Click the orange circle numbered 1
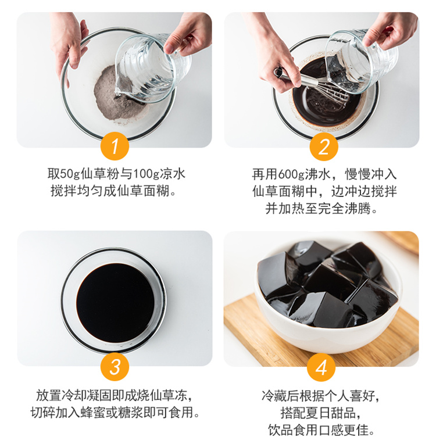[x=115, y=146]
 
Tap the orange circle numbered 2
[x=324, y=146]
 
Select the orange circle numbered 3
[x=115, y=366]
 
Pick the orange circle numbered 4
[x=321, y=367]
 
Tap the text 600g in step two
[x=291, y=174]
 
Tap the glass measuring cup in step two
[x=360, y=61]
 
